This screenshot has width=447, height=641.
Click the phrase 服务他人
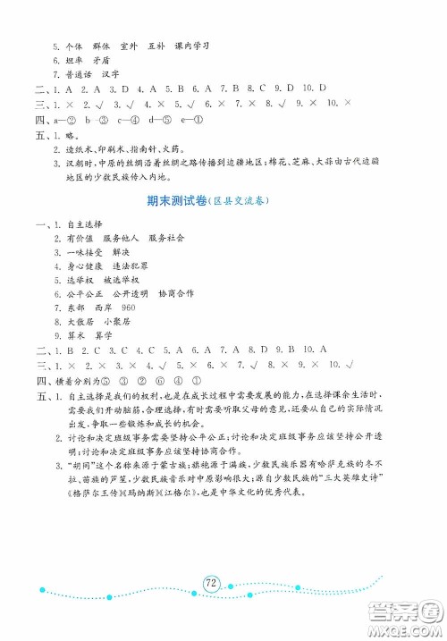(120, 239)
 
